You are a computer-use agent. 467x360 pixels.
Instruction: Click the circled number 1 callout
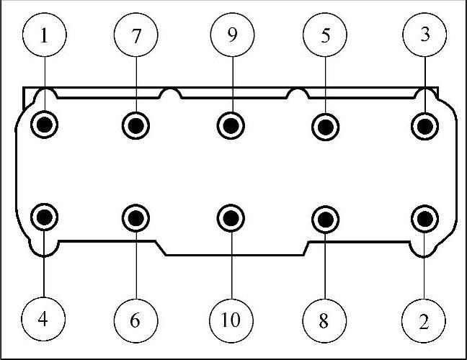click(45, 35)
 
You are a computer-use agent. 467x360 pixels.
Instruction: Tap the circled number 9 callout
click(231, 35)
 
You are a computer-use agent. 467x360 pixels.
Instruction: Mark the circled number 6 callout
click(135, 320)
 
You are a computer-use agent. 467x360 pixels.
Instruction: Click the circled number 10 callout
click(231, 320)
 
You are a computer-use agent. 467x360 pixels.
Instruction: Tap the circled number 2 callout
click(424, 320)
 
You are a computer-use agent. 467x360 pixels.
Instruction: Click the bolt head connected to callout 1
click(45, 124)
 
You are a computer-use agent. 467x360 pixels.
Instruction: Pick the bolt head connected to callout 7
click(136, 125)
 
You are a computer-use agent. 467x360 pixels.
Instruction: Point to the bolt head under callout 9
click(231, 125)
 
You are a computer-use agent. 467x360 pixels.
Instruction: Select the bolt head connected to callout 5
click(326, 126)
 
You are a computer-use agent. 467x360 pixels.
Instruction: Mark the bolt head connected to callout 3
click(425, 126)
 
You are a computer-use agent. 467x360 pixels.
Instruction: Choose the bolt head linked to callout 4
click(45, 215)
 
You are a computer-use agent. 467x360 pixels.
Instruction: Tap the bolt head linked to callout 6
click(136, 216)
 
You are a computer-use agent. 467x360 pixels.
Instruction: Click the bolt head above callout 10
click(231, 216)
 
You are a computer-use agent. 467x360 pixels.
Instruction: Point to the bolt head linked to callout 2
click(425, 217)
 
